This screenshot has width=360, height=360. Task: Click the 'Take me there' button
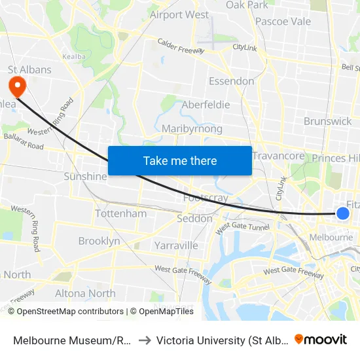179,160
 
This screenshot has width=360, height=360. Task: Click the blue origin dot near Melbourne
342,213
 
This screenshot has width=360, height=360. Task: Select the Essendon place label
231,81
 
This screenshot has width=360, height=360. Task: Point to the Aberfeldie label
206,105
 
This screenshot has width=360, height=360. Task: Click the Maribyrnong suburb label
192,129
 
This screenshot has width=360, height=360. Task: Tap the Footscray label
206,197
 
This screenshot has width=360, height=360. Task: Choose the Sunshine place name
85,177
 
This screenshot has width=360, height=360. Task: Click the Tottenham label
121,214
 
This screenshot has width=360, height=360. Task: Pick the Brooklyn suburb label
99,241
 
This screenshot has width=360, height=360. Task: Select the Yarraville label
176,245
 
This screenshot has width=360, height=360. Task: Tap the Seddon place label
195,219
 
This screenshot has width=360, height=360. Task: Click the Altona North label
85,293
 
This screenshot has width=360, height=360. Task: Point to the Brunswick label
328,121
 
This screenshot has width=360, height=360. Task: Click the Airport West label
179,14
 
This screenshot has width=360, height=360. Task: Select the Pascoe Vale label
283,22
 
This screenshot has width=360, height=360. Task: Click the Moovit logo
321,339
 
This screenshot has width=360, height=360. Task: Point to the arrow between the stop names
144,340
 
